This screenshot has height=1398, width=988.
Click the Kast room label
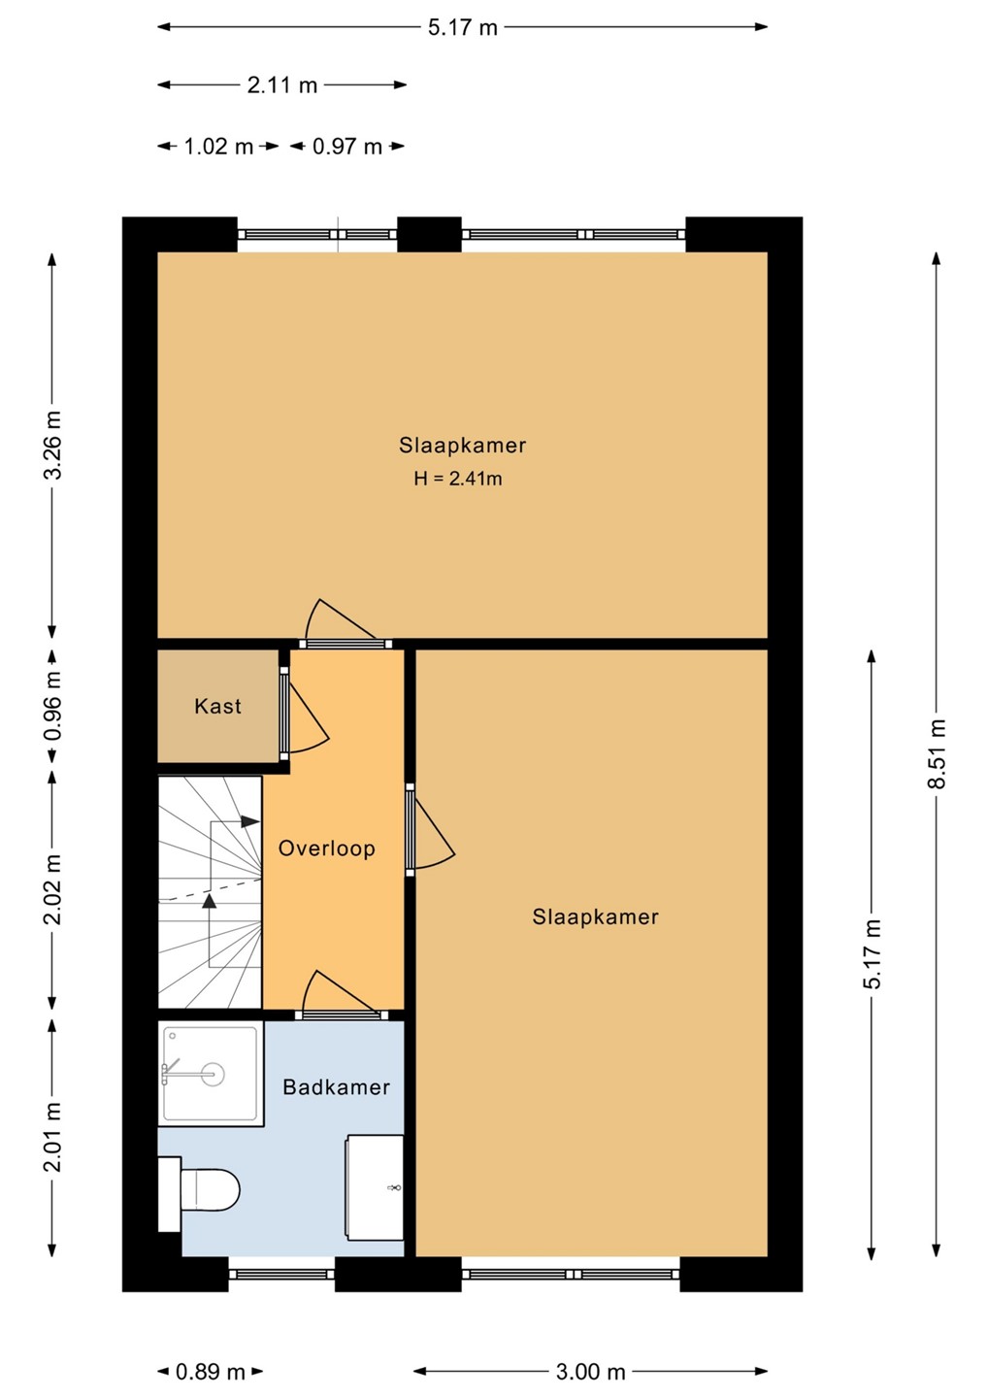(x=217, y=706)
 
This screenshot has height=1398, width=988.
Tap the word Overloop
(x=327, y=849)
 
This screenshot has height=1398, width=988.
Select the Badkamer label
(x=336, y=1087)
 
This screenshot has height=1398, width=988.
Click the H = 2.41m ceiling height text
(x=458, y=479)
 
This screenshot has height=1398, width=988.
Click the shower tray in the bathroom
(x=211, y=1074)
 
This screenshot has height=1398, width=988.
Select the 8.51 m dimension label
(x=937, y=754)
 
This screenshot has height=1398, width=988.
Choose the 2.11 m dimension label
(x=281, y=84)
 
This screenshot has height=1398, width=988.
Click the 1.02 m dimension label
(x=218, y=147)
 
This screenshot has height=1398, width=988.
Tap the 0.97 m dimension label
(x=346, y=147)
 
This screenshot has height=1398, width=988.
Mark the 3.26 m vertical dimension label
(x=53, y=445)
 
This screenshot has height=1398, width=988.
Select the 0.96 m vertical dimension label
(x=53, y=706)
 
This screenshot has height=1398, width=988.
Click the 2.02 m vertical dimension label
(x=53, y=890)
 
